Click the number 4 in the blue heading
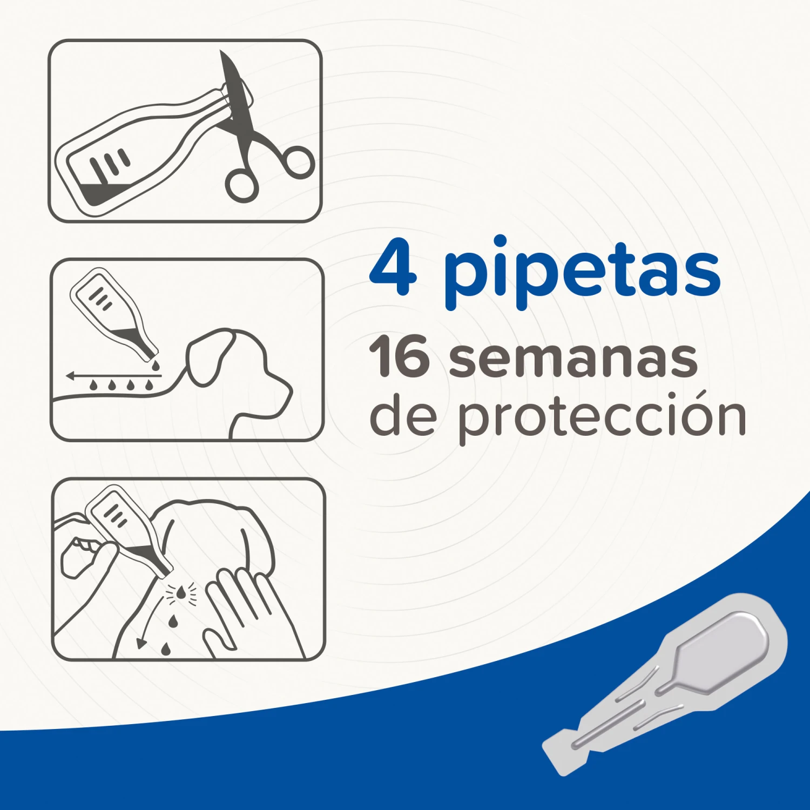[393, 268]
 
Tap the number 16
[399, 357]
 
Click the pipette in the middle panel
[113, 313]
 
